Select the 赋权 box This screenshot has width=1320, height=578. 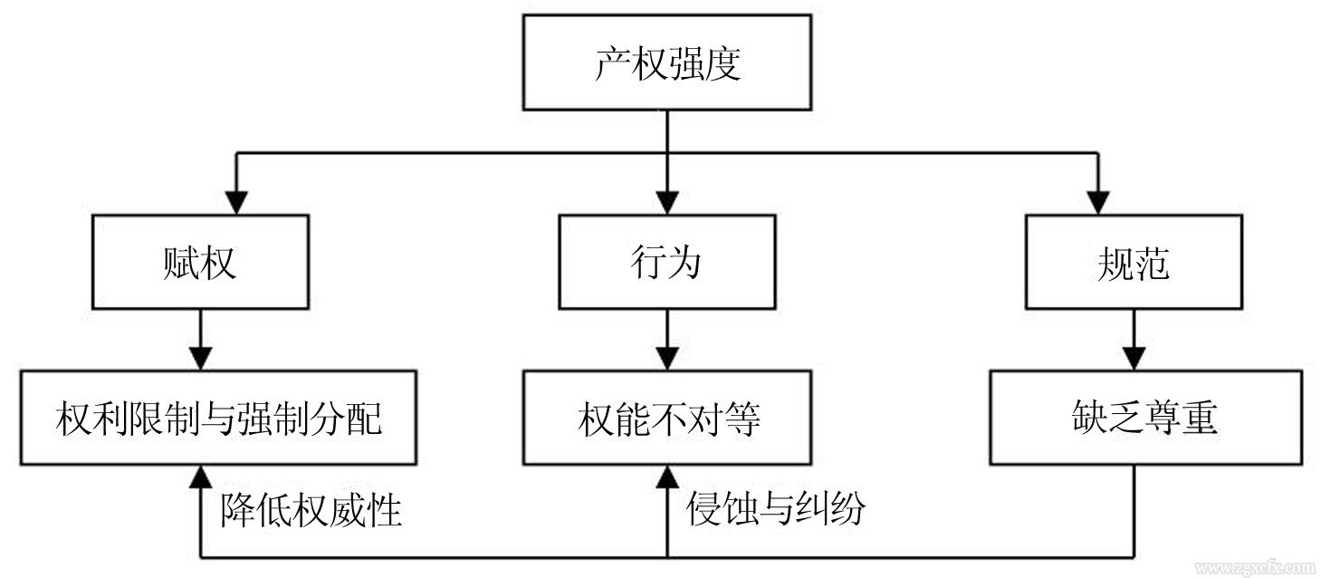[x=200, y=262]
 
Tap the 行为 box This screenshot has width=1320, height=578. [x=666, y=262]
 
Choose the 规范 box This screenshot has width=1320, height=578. [x=1133, y=262]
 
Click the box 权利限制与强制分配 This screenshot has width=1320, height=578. [x=218, y=418]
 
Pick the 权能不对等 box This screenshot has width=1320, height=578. [x=667, y=418]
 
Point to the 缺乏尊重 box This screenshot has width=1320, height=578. [x=1144, y=418]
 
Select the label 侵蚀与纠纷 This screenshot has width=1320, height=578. [x=775, y=510]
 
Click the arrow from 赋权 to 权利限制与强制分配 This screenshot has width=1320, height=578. [x=200, y=340]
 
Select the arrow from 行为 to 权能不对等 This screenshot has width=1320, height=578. [x=667, y=340]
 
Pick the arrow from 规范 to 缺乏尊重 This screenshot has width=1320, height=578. [x=1133, y=340]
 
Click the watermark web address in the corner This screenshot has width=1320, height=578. [x=1252, y=568]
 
